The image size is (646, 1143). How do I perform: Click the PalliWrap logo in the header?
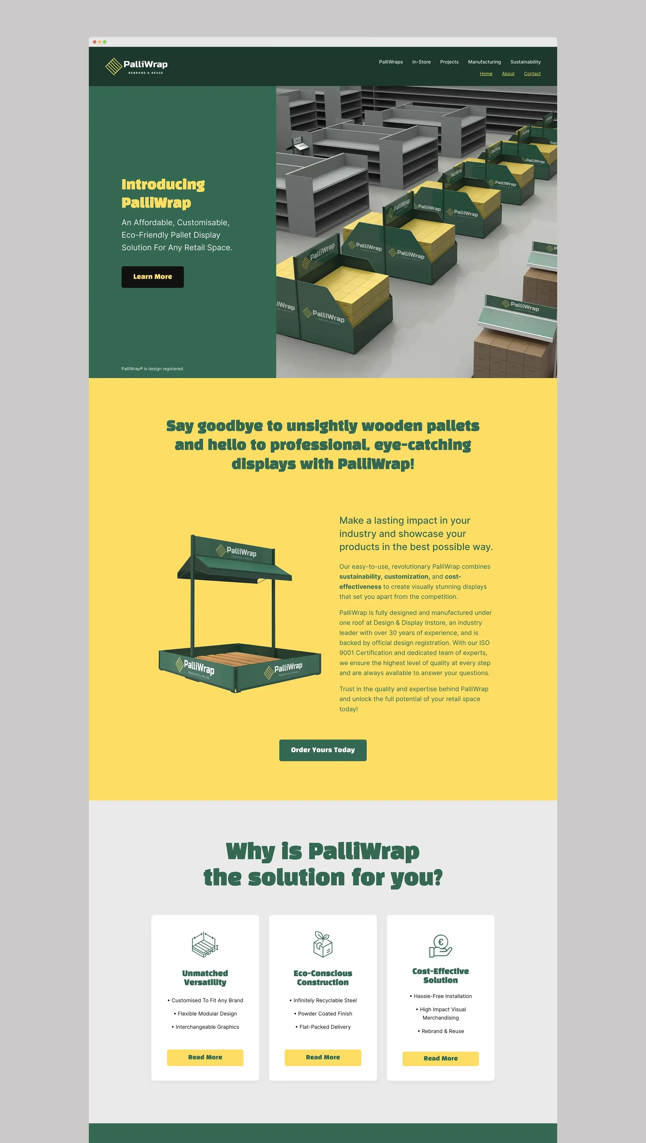pyautogui.click(x=136, y=66)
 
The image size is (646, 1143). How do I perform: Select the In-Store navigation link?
pyautogui.click(x=421, y=62)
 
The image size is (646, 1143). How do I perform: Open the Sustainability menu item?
pyautogui.click(x=525, y=62)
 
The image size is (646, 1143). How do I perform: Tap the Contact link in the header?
pyautogui.click(x=532, y=74)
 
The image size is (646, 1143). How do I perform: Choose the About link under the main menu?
pyautogui.click(x=508, y=74)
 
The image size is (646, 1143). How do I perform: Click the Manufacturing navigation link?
pyautogui.click(x=484, y=62)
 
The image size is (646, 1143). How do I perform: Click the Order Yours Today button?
pyautogui.click(x=323, y=750)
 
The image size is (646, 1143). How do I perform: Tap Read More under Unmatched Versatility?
pyautogui.click(x=205, y=1057)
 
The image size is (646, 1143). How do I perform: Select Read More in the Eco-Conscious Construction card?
pyautogui.click(x=323, y=1057)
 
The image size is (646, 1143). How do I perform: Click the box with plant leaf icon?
pyautogui.click(x=323, y=944)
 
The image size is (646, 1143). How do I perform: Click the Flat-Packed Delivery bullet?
pyautogui.click(x=323, y=1027)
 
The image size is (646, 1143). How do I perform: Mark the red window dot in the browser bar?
pyautogui.click(x=95, y=42)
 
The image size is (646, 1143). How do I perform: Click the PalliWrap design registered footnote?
pyautogui.click(x=153, y=369)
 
